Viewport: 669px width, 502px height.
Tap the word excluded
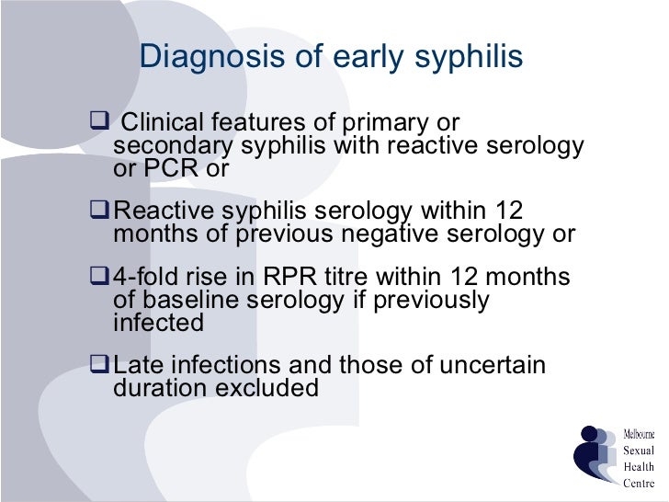[266, 388]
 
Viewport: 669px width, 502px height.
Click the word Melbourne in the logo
[640, 434]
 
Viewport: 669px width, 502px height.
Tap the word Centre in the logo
[639, 482]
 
